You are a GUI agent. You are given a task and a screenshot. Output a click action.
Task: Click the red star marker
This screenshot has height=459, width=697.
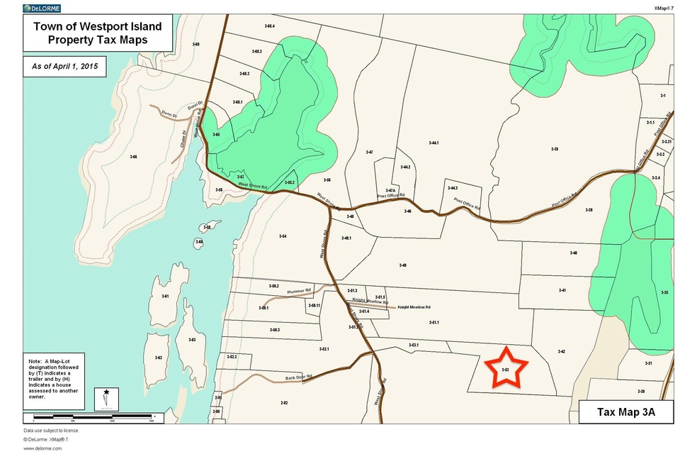(506, 367)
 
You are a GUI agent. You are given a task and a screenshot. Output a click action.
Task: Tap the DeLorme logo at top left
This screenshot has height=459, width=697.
(41, 8)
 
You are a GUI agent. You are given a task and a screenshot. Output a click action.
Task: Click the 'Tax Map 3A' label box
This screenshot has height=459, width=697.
(625, 412)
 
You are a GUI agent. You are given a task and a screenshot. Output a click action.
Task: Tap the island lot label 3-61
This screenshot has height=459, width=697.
(165, 296)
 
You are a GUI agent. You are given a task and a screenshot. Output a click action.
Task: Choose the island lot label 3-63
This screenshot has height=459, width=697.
(191, 340)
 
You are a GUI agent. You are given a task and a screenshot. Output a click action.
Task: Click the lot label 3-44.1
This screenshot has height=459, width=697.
(434, 143)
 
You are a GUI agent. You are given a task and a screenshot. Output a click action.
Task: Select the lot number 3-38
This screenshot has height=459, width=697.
(555, 149)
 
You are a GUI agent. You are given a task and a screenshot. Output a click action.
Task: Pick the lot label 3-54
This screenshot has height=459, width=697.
(282, 236)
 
